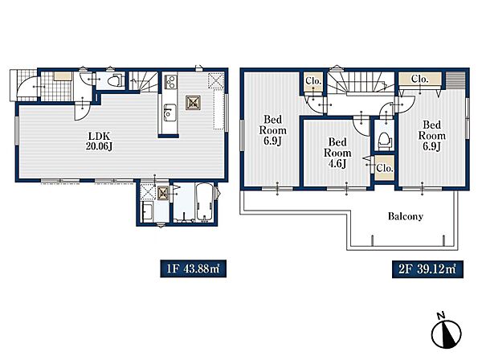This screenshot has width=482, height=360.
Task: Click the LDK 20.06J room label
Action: click(99, 141)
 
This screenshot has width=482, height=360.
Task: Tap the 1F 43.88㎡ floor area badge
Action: click(193, 269)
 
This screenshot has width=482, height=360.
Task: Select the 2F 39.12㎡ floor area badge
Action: click(427, 269)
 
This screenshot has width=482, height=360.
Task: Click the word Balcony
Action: click(406, 216)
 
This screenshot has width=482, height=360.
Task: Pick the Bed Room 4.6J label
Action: click(337, 153)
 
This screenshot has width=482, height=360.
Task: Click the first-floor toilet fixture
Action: click(115, 80)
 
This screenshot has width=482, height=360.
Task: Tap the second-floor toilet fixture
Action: click(384, 141)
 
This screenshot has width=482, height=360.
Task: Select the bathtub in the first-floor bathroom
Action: click(204, 202)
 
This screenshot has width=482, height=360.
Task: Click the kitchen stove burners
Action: click(170, 81)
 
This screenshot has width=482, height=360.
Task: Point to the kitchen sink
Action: click(170, 112)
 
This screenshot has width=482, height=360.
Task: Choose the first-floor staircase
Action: click(142, 81)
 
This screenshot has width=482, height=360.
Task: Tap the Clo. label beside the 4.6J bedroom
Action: click(385, 169)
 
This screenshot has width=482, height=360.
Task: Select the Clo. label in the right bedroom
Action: click(420, 79)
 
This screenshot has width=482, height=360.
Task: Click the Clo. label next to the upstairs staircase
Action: click(313, 81)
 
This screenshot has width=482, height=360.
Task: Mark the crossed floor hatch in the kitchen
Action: click(193, 103)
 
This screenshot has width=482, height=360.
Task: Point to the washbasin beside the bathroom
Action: click(147, 211)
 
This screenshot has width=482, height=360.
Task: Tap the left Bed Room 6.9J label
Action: click(272, 130)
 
